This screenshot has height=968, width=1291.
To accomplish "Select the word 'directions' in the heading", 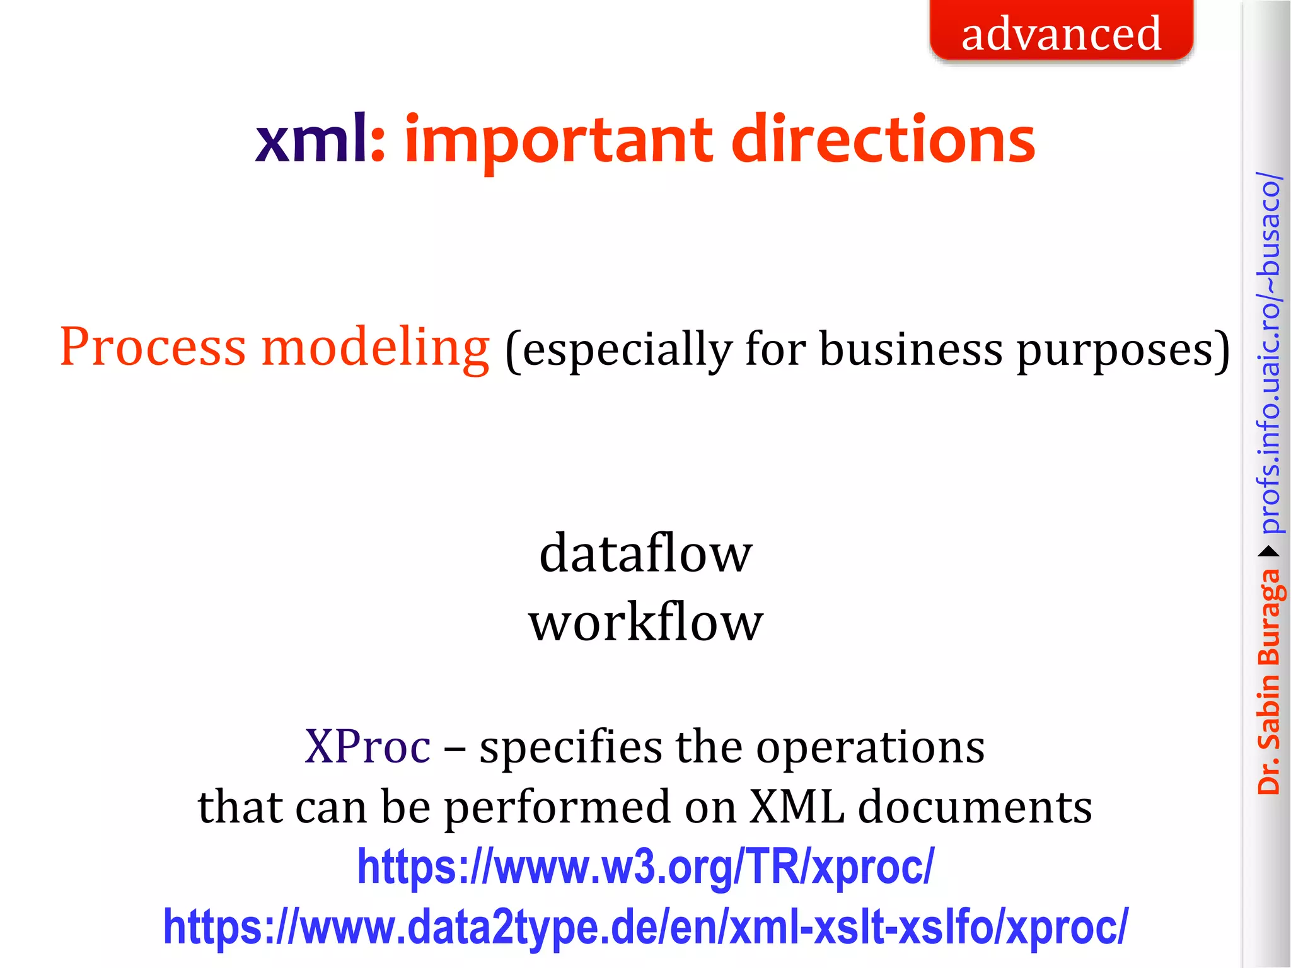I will coord(883,140).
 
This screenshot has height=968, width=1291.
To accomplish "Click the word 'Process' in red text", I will coord(153,347).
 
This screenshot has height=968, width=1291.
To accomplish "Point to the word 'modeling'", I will coord(375,349).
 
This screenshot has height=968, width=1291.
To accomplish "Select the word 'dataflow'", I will coord(645,553).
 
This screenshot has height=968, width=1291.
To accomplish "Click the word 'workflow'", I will coord(645,622).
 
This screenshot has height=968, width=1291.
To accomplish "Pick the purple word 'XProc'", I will coord(368,746).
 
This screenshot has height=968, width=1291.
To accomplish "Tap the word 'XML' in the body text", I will coord(797,807).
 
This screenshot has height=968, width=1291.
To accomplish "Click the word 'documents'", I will coord(975,807).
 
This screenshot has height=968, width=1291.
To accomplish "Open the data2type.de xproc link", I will coord(645,927).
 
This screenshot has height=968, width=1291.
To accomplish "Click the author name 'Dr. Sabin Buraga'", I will coord(1268,681).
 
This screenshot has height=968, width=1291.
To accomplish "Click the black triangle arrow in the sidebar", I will coord(1269,552).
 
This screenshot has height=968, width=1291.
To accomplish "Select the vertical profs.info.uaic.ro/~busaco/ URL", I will coord(1269,353).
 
